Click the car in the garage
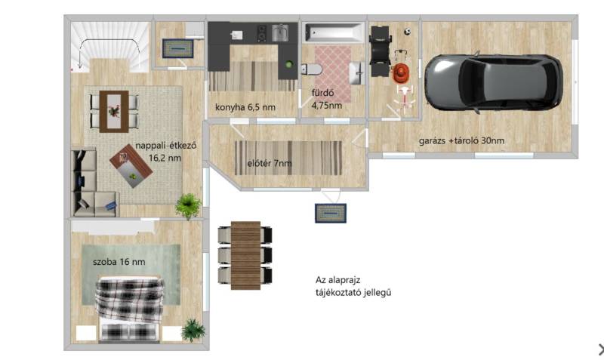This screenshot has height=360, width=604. click(494, 82)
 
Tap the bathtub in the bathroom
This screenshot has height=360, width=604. click(334, 32)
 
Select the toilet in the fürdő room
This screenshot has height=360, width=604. click(311, 69)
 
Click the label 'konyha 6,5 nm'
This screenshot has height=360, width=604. click(245, 107)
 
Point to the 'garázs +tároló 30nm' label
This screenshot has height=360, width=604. click(461, 140)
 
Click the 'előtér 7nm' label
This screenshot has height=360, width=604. click(270, 163)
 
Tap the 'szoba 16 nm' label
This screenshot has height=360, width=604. click(119, 262)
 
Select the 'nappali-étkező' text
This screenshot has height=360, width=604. click(166, 146)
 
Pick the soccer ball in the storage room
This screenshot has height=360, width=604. click(408, 32)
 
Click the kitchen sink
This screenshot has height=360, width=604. click(280, 32)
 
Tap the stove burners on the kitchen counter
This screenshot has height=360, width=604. click(262, 33)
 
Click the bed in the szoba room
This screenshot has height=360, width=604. click(129, 308)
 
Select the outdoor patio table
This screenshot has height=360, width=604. click(245, 255)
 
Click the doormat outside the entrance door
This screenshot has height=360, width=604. click(331, 214)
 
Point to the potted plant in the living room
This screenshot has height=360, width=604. click(188, 205)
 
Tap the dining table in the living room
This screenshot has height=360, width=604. click(114, 112)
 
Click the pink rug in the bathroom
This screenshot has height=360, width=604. click(333, 74)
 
